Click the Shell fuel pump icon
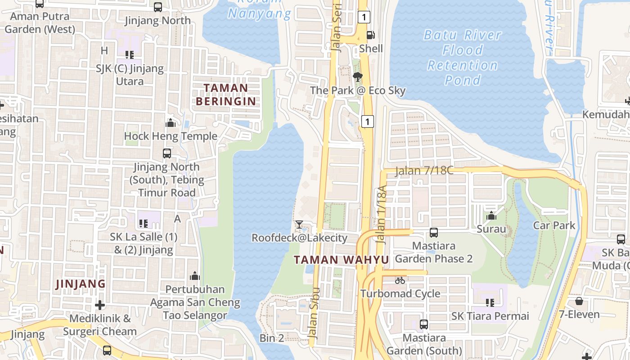[370, 35]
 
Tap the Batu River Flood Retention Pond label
[462, 58]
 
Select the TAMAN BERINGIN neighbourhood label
[226, 94]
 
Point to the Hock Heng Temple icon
[171, 122]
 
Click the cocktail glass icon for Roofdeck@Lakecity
[299, 224]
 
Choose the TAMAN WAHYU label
[341, 260]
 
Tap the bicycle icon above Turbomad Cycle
[400, 280]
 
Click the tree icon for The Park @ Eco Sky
[358, 76]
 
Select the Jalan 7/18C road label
[424, 171]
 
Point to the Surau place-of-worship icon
[491, 216]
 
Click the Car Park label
[554, 225]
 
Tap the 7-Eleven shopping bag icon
[579, 301]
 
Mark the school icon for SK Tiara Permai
[490, 303]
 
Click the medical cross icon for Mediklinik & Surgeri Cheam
[100, 305]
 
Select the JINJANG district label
[81, 284]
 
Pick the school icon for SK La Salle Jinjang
[144, 223]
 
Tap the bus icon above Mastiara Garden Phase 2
[434, 233]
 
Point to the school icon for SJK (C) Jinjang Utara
[130, 55]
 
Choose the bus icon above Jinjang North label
[158, 7]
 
